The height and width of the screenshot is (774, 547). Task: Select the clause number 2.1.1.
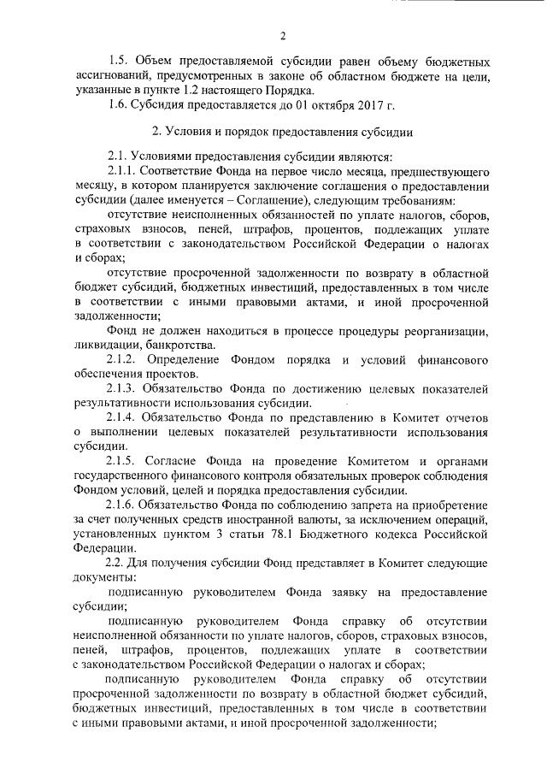click(122, 173)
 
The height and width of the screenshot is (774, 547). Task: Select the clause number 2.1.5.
click(123, 459)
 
